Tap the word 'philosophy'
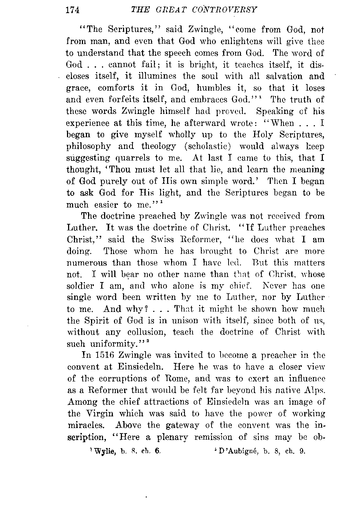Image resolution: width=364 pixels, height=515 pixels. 88,146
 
